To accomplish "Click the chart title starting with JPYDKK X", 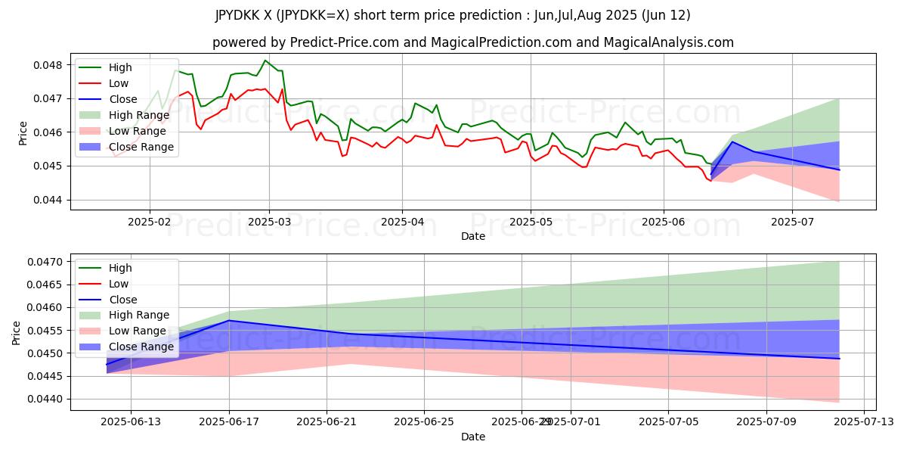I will tap(453, 15).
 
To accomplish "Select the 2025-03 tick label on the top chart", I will tap(269, 222).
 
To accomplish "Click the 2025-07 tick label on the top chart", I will tap(791, 222).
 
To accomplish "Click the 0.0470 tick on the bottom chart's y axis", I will tap(47, 262).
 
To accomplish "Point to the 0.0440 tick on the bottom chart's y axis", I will tap(47, 399).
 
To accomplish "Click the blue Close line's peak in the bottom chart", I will tap(229, 320).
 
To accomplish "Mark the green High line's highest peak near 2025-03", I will tap(265, 61).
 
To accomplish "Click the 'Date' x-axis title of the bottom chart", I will tap(473, 437).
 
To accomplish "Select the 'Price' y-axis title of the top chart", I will tap(23, 132).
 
